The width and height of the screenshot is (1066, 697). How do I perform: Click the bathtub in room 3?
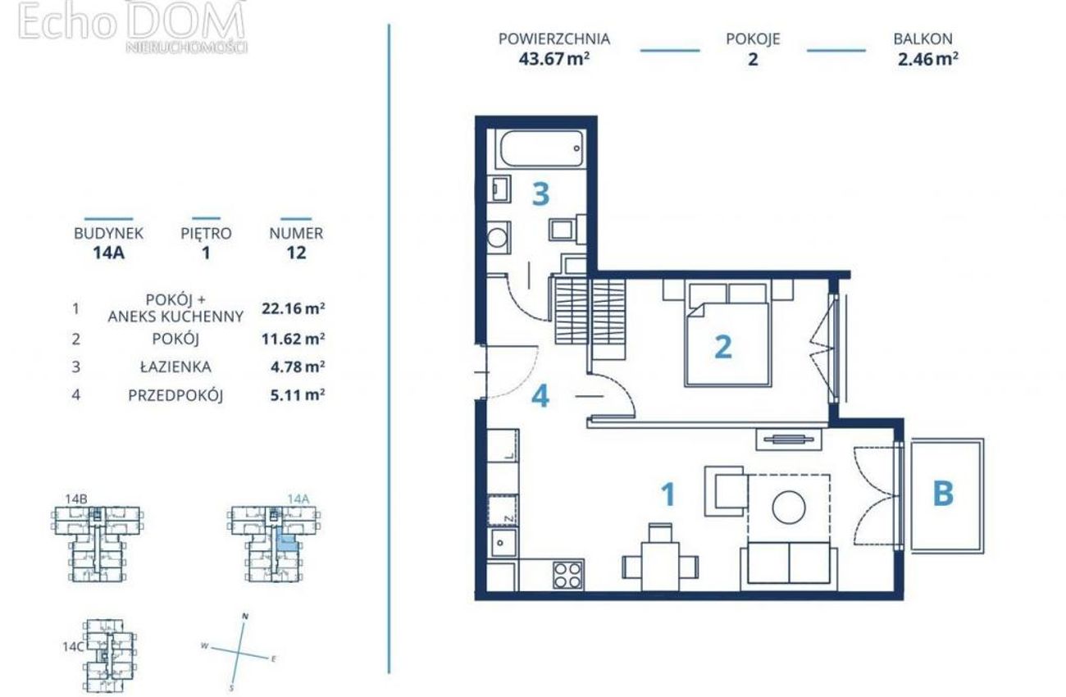point(541,148)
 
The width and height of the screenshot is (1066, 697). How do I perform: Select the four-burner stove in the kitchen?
point(568,575)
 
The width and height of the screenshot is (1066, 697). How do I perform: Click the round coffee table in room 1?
point(789,507)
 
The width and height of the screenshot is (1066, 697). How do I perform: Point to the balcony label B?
point(943,494)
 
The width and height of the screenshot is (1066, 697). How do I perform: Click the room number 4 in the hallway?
point(540,396)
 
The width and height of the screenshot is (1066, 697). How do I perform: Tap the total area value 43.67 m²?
point(554,59)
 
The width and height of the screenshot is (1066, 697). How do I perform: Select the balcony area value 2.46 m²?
point(927,59)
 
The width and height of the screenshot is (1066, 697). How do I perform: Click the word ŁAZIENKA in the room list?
point(175,367)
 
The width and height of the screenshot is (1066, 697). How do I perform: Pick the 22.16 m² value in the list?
point(294,308)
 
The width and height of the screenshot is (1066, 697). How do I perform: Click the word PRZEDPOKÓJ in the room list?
point(175,395)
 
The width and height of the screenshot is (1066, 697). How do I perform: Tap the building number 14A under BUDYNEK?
point(108,253)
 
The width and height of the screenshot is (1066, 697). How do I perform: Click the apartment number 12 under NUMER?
point(296,253)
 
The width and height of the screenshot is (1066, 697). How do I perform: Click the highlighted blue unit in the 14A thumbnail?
point(288,541)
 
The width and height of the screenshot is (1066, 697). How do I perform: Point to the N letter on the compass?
point(245,617)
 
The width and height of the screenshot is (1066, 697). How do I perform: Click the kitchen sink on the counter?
point(502,542)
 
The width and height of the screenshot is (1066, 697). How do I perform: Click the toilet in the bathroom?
point(567,230)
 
